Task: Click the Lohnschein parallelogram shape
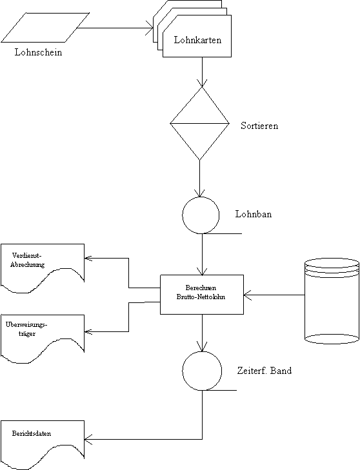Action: coord(45,27)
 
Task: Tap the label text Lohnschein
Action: coord(39,52)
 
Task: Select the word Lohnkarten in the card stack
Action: coord(197,40)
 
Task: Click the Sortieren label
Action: coord(259,126)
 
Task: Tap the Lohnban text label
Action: coord(254,214)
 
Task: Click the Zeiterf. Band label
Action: coord(265,371)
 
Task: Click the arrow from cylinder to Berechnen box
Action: coord(274,295)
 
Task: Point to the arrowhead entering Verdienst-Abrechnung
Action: coord(88,258)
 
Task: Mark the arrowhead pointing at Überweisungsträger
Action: coord(88,331)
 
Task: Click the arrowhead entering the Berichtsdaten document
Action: coord(88,440)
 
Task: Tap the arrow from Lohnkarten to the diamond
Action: coord(202,72)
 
